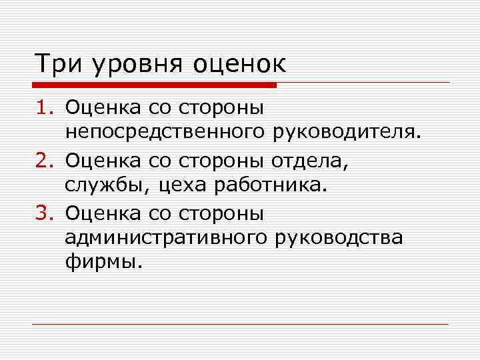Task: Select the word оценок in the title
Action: [x=239, y=65]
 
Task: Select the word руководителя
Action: [x=347, y=131]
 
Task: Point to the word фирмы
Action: [x=103, y=262]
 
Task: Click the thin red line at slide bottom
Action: [x=240, y=324]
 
